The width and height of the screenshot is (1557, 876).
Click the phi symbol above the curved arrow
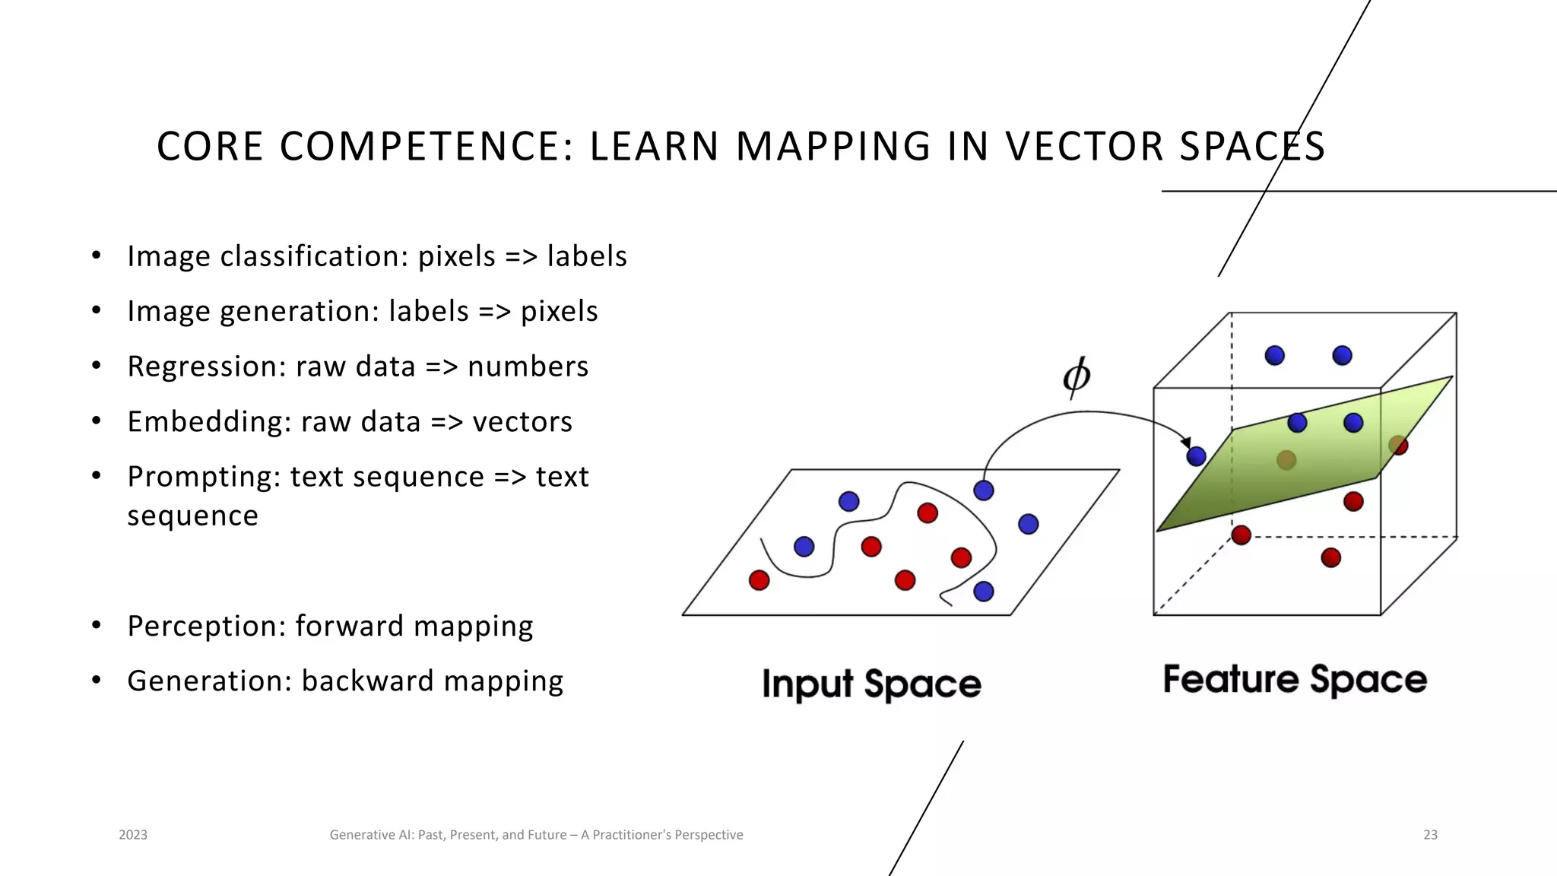pyautogui.click(x=1076, y=376)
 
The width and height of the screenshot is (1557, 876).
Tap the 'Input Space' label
pyautogui.click(x=871, y=684)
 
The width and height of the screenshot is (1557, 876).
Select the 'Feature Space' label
pyautogui.click(x=1295, y=679)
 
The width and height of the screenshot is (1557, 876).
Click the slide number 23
pyautogui.click(x=1430, y=835)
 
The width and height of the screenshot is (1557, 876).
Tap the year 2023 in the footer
pyautogui.click(x=133, y=835)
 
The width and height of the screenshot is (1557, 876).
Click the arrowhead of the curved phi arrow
pyautogui.click(x=1185, y=443)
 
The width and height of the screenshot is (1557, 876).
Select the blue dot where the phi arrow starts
pyautogui.click(x=984, y=490)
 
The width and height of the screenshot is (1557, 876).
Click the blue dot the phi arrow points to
pyautogui.click(x=1196, y=456)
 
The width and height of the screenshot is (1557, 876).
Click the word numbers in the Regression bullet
pyautogui.click(x=528, y=367)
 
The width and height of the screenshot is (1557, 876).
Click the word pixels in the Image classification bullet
pyautogui.click(x=457, y=256)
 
